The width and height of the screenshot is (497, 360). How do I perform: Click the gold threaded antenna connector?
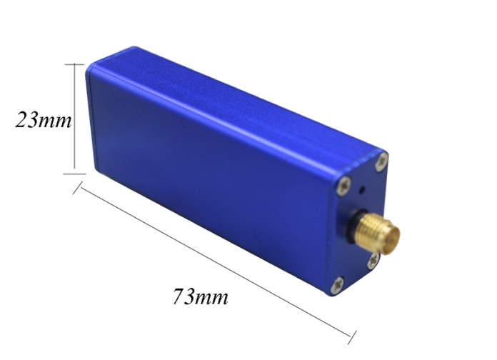(x=378, y=232)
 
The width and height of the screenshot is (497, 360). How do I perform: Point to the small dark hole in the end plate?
(x=361, y=191)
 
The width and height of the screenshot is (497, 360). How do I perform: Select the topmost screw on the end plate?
(x=381, y=161)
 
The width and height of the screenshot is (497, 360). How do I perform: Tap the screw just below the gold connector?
(x=373, y=261)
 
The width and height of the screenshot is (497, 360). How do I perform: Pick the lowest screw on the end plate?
(x=337, y=285)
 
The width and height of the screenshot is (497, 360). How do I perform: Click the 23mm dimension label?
(x=44, y=120)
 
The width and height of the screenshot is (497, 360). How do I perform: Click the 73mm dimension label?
(x=201, y=296)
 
